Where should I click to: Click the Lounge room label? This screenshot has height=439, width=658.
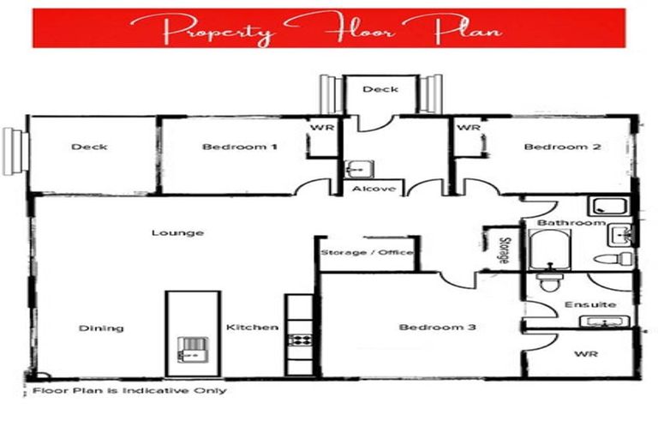point(177,232)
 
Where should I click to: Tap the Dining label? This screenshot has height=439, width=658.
point(101,328)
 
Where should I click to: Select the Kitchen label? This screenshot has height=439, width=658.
point(252,328)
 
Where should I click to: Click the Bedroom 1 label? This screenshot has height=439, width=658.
point(239,147)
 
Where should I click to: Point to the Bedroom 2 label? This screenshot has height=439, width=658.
point(562,147)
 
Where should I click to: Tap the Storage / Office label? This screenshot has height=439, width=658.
point(367,253)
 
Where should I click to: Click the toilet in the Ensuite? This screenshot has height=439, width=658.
point(546,282)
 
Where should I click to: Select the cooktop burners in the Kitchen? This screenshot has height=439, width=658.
point(300,340)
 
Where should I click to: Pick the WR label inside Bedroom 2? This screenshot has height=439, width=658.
point(468,128)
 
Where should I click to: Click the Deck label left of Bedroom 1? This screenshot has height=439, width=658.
point(89,147)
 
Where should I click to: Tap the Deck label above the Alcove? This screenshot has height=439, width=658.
point(380,89)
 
